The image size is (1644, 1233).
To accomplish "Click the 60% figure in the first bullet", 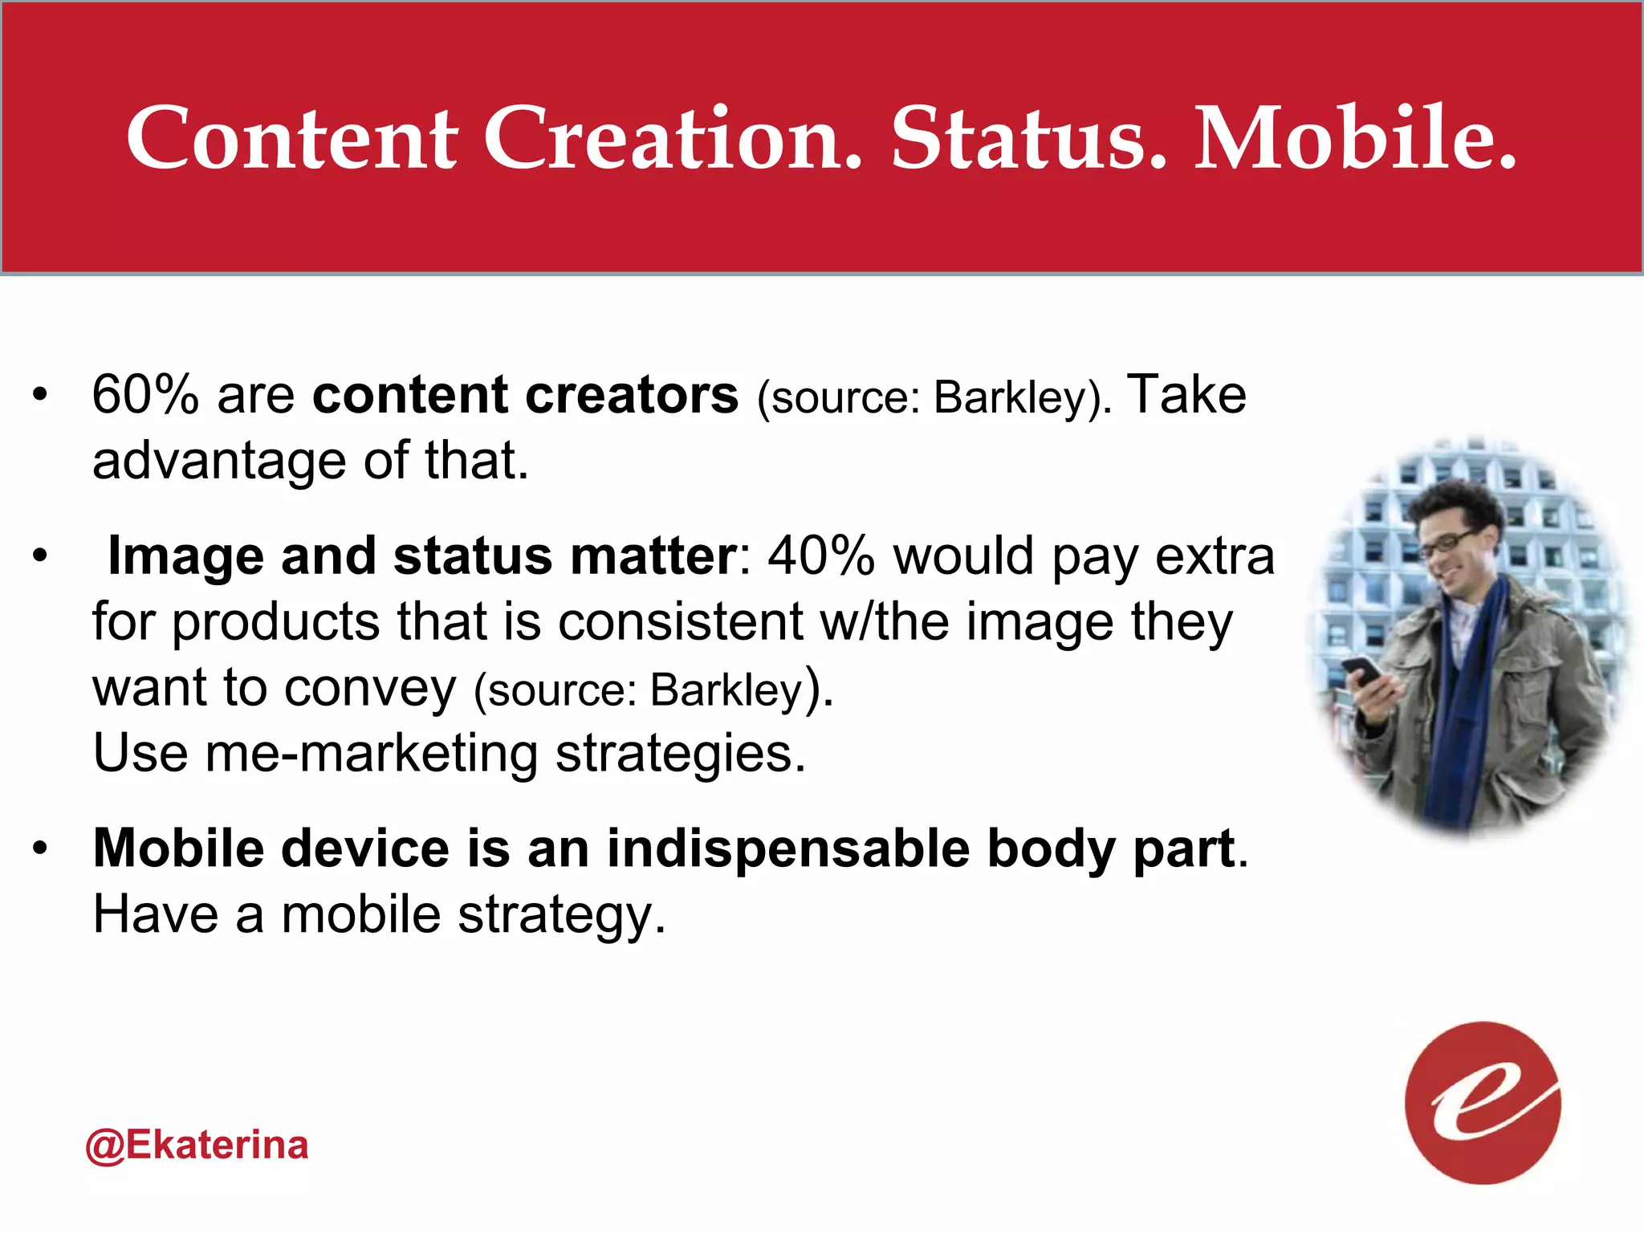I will pyautogui.click(x=145, y=395).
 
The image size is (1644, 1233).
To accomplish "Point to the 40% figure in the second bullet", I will pyautogui.click(x=820, y=555).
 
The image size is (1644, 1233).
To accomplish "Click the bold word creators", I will pyautogui.click(x=631, y=395).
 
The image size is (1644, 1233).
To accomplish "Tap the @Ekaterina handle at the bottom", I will pyautogui.click(x=197, y=1145).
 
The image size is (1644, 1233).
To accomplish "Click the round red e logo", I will pyautogui.click(x=1483, y=1102).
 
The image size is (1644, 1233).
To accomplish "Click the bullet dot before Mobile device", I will pyautogui.click(x=40, y=848).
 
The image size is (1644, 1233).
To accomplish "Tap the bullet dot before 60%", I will pyautogui.click(x=40, y=395).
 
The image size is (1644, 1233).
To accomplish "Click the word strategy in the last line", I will pyautogui.click(x=561, y=915).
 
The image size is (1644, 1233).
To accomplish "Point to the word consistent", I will pyautogui.click(x=681, y=622).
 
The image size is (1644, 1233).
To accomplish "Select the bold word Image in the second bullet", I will pyautogui.click(x=185, y=555).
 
